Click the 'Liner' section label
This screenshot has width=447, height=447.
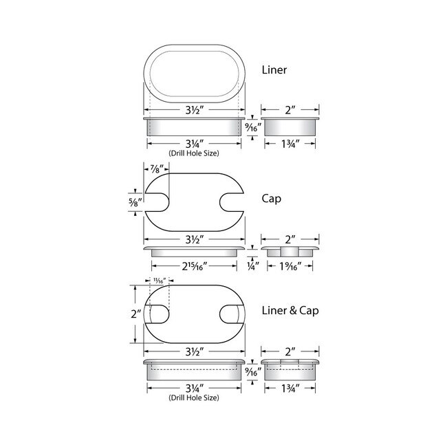275,69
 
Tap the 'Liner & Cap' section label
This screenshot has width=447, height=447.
290,310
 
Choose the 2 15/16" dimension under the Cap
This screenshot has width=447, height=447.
194,265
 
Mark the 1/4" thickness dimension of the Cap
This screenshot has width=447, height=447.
252,265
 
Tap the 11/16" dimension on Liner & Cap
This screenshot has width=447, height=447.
158,279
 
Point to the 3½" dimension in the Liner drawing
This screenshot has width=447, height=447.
194,109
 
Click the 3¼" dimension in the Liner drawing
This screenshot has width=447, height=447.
194,143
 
